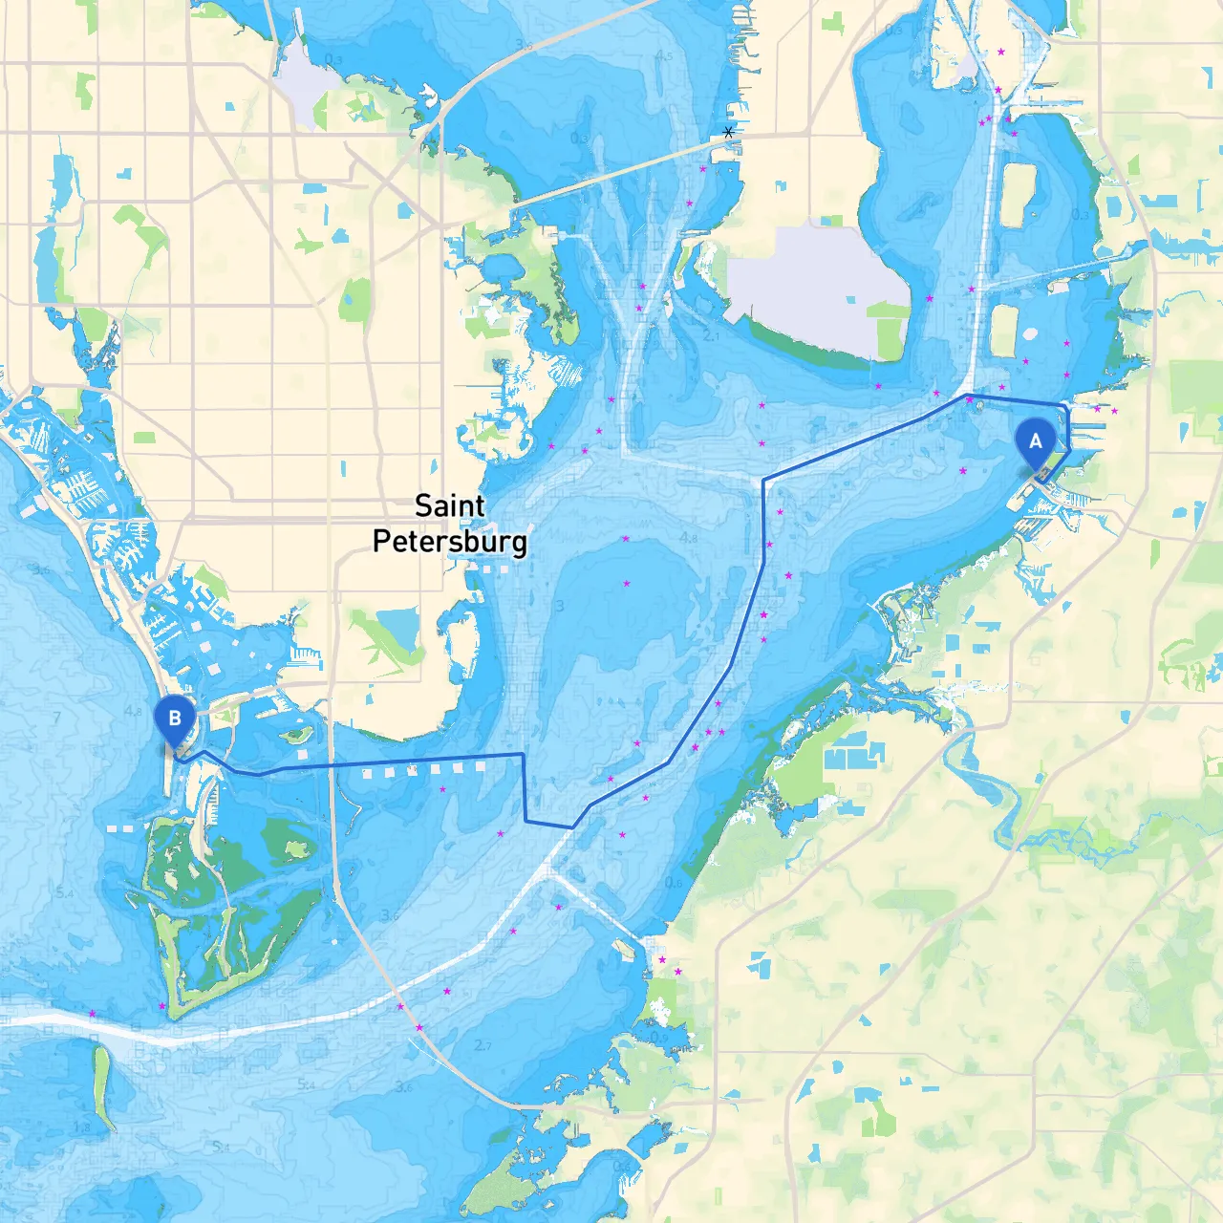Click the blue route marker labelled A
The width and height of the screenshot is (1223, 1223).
(x=1035, y=442)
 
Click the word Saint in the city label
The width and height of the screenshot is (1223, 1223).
(x=449, y=505)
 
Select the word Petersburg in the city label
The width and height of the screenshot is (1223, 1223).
(x=449, y=541)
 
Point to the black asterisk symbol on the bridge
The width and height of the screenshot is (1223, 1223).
(x=729, y=133)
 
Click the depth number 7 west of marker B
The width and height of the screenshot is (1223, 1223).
(x=57, y=717)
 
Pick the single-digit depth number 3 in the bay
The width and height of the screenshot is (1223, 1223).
(x=560, y=607)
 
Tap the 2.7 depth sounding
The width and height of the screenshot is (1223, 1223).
(x=483, y=1045)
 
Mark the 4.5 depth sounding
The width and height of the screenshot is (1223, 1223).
(x=664, y=55)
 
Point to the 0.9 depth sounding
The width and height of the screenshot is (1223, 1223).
(x=659, y=1037)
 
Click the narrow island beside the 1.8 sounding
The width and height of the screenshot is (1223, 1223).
(x=102, y=1085)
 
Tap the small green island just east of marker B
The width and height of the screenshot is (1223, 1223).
(x=297, y=735)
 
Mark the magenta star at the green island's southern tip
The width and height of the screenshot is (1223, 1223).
(x=161, y=1006)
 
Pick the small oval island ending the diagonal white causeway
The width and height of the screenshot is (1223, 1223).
(x=623, y=950)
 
